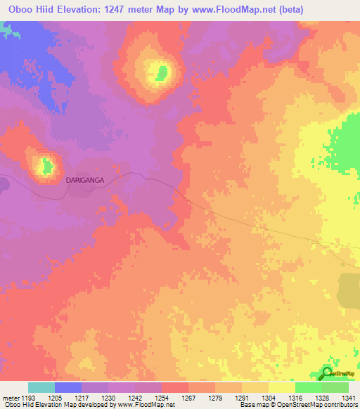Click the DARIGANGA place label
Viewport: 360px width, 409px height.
85,181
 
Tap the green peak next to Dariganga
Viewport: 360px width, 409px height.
47,167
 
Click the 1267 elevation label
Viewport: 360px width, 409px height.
189,398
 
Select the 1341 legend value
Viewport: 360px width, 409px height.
348,398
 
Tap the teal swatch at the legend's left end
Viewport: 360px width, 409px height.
41,387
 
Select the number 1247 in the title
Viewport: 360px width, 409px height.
134,9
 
